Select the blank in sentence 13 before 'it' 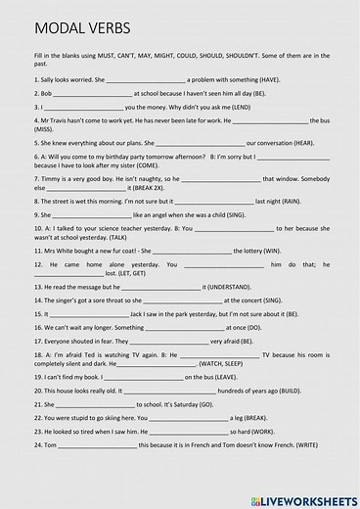pos(161,287)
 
